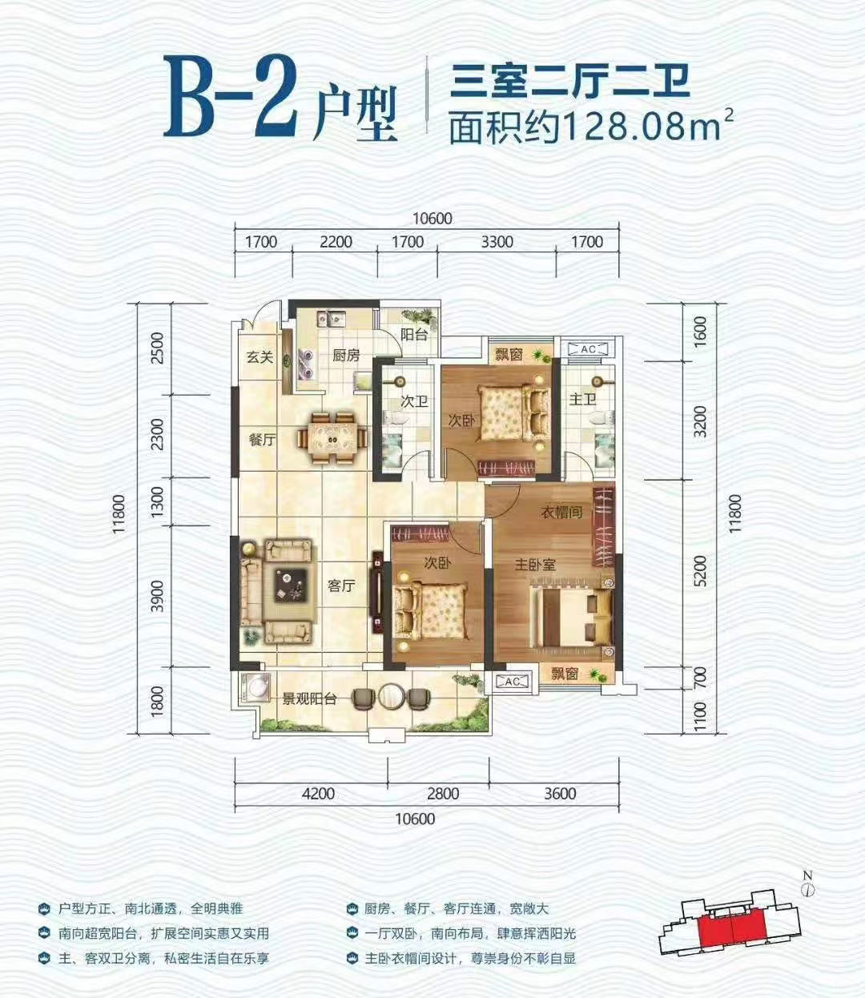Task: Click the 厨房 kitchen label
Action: pyautogui.click(x=346, y=356)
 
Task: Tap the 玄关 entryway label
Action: pyautogui.click(x=259, y=357)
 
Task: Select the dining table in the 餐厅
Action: pyautogui.click(x=332, y=438)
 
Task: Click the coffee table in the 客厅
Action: pyautogui.click(x=291, y=586)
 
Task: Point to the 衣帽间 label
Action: pyautogui.click(x=561, y=512)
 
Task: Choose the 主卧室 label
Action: pyautogui.click(x=535, y=564)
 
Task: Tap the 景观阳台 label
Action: pyautogui.click(x=309, y=698)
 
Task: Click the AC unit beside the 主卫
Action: pyautogui.click(x=588, y=349)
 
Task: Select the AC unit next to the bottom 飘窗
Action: pyautogui.click(x=512, y=682)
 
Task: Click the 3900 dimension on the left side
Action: pyautogui.click(x=157, y=596)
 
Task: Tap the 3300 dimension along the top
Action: pyautogui.click(x=497, y=241)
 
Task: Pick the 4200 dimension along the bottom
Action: pyautogui.click(x=318, y=793)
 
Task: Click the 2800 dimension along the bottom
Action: pyautogui.click(x=443, y=793)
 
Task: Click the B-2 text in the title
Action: pyautogui.click(x=230, y=97)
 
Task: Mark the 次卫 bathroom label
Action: pyautogui.click(x=413, y=402)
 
